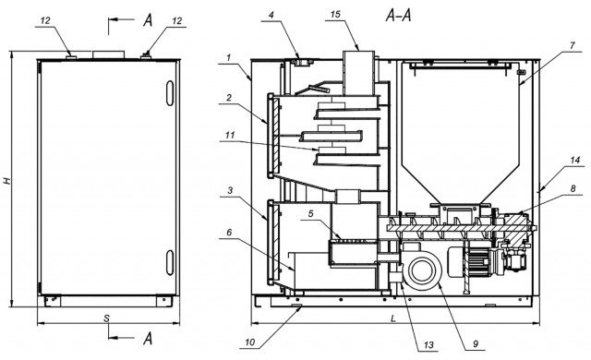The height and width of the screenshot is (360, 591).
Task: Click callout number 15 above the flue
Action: click(335, 15)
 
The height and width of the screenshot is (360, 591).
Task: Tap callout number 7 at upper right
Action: click(573, 45)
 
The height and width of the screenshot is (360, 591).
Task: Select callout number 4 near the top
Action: click(271, 15)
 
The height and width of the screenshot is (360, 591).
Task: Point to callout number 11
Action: click(230, 135)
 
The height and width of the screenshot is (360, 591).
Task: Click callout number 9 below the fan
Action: click(476, 343)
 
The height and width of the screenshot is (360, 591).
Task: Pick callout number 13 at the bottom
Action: click(428, 344)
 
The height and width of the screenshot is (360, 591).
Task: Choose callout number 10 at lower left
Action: click(250, 342)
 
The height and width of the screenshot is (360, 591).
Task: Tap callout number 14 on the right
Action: click(574, 160)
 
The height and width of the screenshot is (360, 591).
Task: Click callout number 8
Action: click(573, 188)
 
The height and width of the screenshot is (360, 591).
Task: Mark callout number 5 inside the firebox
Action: click(310, 213)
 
